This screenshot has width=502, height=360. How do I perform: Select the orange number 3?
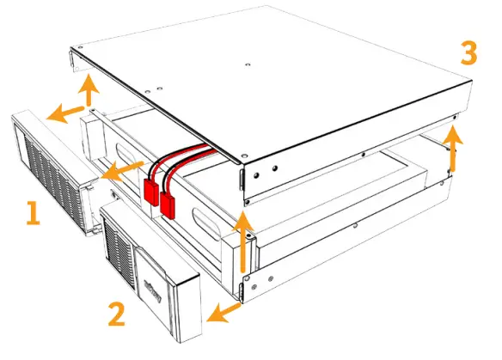coord(468,53)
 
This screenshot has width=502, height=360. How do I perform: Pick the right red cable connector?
coord(168,204)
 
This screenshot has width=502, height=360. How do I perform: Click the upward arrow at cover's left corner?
coord(86,90)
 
